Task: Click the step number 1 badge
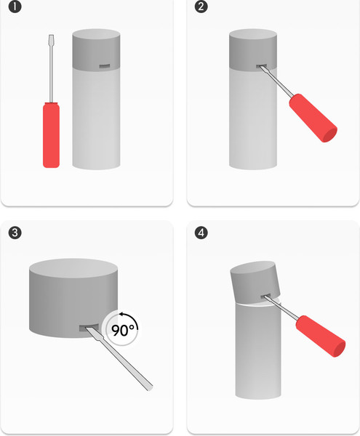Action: click(15, 7)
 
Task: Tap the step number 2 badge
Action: click(201, 7)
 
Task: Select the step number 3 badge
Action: click(15, 233)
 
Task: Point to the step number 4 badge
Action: click(201, 233)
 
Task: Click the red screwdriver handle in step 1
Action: click(51, 135)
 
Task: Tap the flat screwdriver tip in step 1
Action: click(51, 38)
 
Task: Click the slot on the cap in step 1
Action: click(105, 66)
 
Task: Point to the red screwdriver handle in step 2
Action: click(313, 118)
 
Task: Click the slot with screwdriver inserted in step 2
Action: click(262, 66)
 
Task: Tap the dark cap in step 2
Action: click(253, 49)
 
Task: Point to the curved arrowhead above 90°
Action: click(121, 315)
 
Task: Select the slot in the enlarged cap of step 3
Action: click(89, 328)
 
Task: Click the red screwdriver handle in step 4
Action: click(321, 336)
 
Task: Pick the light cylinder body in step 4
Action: click(258, 350)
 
